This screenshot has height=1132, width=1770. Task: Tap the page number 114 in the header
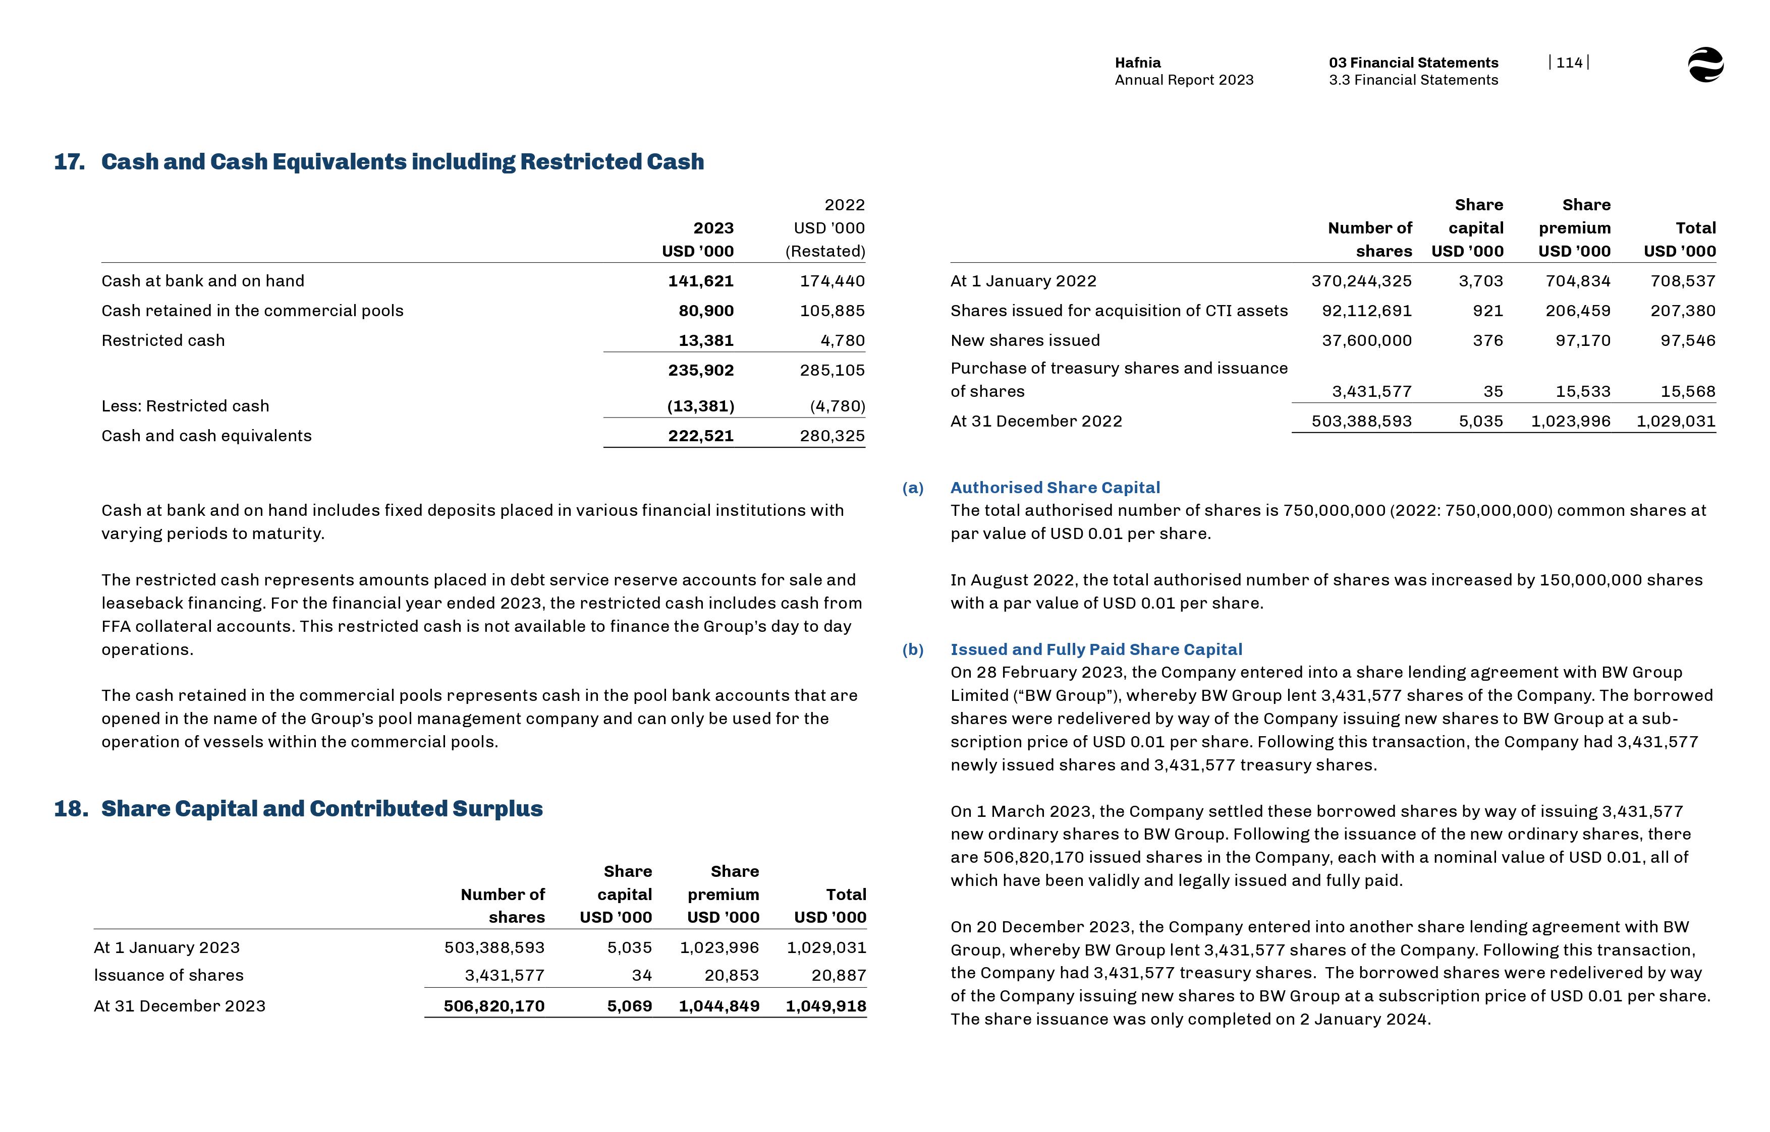point(1569,63)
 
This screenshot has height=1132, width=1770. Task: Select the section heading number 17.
point(69,162)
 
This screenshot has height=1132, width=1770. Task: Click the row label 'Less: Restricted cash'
point(185,406)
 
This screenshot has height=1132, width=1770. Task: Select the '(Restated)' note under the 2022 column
point(825,252)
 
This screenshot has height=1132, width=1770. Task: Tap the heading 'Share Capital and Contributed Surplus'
point(321,809)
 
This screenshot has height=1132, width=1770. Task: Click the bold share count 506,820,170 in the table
point(493,1006)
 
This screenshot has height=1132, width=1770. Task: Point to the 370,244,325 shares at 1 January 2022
point(1361,281)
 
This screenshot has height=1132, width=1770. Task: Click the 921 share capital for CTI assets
point(1487,311)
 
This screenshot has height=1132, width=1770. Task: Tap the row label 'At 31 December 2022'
point(1036,421)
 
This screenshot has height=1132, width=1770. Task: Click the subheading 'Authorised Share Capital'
point(1055,488)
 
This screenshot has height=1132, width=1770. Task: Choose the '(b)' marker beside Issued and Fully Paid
point(913,650)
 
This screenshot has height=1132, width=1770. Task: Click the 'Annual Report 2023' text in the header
point(1183,80)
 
